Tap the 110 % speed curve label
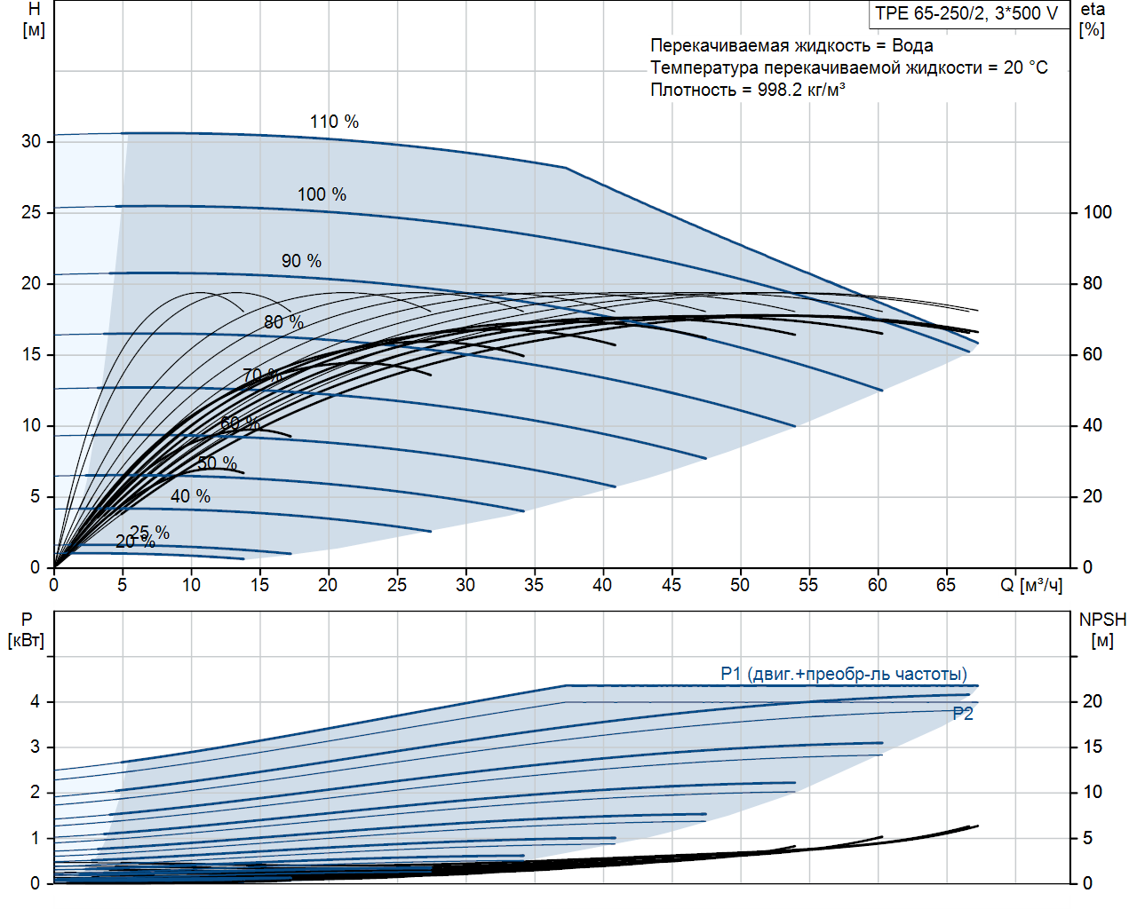click(x=334, y=122)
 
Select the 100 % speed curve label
click(x=322, y=194)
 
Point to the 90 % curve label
click(x=301, y=261)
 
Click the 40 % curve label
click(x=190, y=496)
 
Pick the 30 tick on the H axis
click(x=32, y=141)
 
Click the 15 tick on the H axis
click(x=32, y=354)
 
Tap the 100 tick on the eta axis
click(x=1097, y=212)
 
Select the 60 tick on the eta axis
click(x=1092, y=354)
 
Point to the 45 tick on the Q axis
click(x=671, y=585)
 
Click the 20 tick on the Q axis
click(x=328, y=585)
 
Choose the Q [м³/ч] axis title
click(x=1031, y=585)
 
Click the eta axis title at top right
click(x=1093, y=19)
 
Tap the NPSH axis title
click(x=1102, y=629)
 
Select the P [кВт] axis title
click(x=26, y=629)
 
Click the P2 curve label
click(x=963, y=714)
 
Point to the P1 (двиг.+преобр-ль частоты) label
click(x=843, y=674)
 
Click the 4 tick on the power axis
click(x=36, y=701)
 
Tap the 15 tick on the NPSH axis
click(x=1092, y=747)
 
